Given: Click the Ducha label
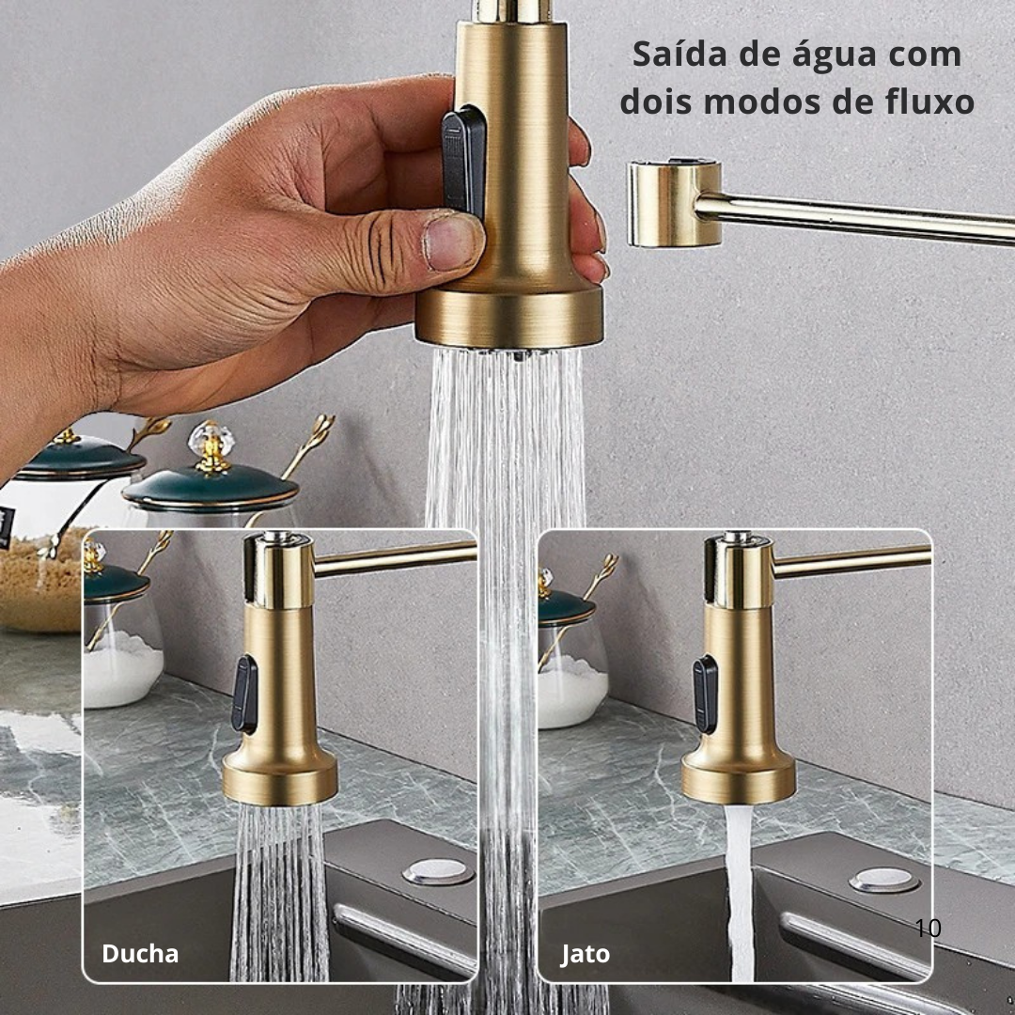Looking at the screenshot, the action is [140, 954].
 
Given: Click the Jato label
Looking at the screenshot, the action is [586, 954].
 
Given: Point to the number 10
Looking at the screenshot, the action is [928, 929].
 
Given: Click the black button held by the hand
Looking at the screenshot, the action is [463, 161].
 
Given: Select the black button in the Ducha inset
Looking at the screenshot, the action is [244, 695].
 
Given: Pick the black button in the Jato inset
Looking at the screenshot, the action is [705, 695].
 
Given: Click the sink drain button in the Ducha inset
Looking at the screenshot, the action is [438, 871].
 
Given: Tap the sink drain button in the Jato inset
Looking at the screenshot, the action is [884, 881].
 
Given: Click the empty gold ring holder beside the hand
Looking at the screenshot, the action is [675, 203].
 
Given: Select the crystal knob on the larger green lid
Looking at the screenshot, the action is [211, 445].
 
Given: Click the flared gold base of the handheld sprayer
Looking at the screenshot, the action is [509, 316].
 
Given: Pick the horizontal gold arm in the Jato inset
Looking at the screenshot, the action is [851, 561].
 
